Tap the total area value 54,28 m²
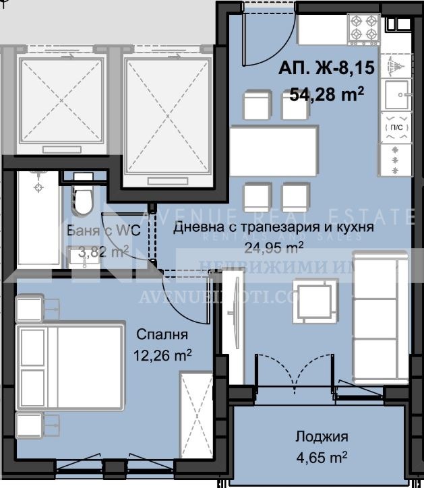pos(327,93)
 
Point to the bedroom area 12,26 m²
pos(163,353)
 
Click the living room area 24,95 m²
pos(272,247)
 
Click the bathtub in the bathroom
pos(38,219)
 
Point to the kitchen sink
pos(397,94)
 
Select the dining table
pos(274,144)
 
